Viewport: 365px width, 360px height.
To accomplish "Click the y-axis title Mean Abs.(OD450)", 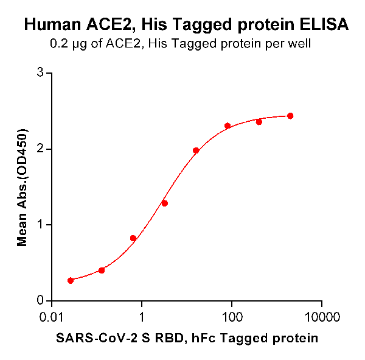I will coord(23,188).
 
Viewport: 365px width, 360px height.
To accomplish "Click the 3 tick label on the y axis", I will coord(41,73).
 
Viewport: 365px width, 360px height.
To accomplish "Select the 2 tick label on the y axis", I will coord(41,149).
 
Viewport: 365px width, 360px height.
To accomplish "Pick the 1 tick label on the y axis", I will coord(41,225).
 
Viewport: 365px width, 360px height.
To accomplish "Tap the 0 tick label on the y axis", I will coord(41,300).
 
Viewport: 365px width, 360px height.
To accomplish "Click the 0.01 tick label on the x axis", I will coord(52,317).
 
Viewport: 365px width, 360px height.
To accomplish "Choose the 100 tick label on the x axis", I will coord(232,317).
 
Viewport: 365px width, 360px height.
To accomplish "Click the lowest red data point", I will coord(71,280).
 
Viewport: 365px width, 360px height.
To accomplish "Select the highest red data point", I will coord(290,116).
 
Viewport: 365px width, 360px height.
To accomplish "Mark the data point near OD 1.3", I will coord(164,203).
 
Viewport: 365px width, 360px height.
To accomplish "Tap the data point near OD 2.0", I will coord(196,150).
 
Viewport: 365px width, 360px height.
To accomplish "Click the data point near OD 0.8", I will coord(133,238).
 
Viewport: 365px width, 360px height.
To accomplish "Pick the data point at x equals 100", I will coord(228,126).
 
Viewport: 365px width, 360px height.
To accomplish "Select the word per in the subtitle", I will coord(278,44).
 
